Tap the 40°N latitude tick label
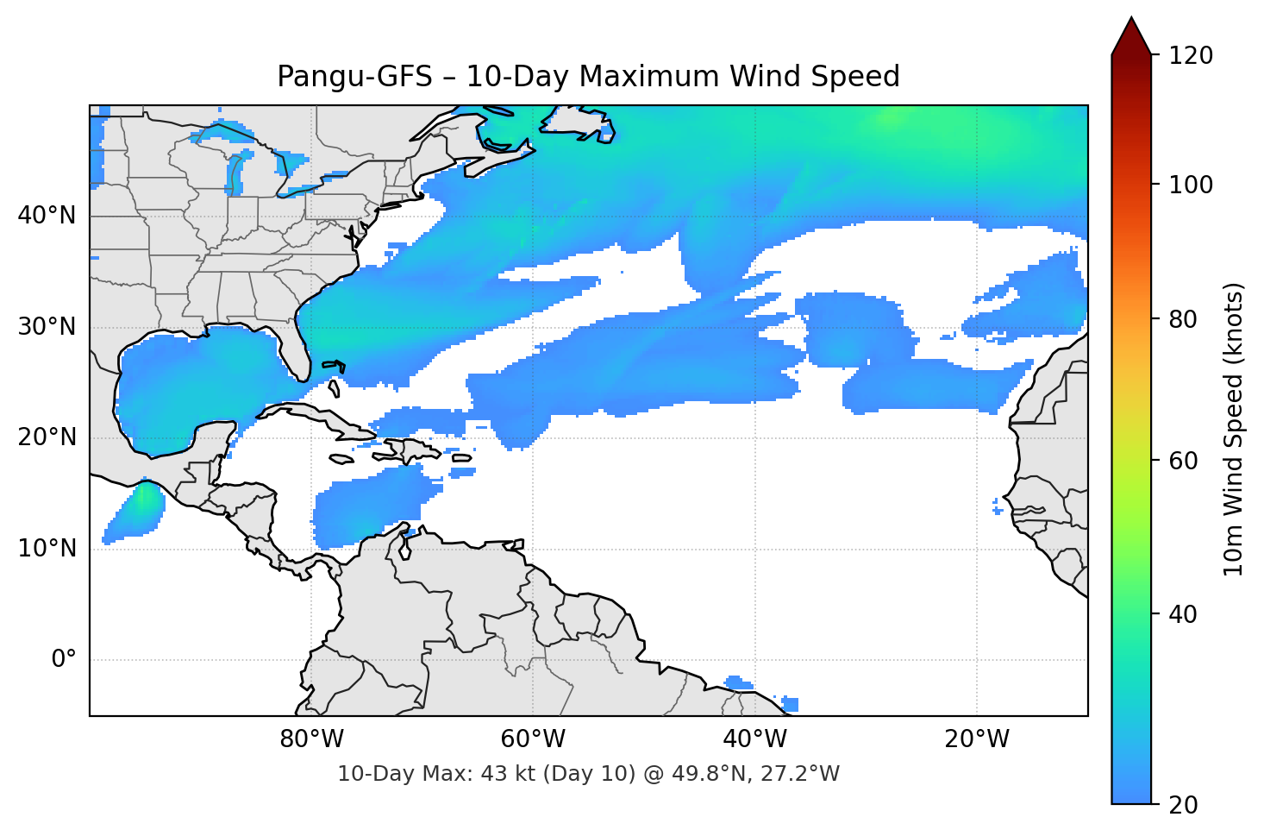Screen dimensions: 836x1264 pos(47,216)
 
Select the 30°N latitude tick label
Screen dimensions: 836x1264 pos(47,327)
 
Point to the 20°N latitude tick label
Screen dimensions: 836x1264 pos(47,437)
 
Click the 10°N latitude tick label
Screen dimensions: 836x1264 pos(47,549)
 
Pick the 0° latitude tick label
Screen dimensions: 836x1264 pos(64,660)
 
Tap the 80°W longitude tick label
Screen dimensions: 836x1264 pos(311,739)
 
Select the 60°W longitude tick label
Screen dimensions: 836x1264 pos(533,739)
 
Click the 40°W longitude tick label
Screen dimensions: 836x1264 pos(754,739)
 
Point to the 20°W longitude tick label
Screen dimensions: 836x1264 pos(976,739)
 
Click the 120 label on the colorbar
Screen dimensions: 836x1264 pos(1191,56)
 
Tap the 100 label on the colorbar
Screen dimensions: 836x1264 pos(1191,185)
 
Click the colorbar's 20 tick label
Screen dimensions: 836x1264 pos(1183,805)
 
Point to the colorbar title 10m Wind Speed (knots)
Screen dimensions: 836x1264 pos(1234,430)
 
